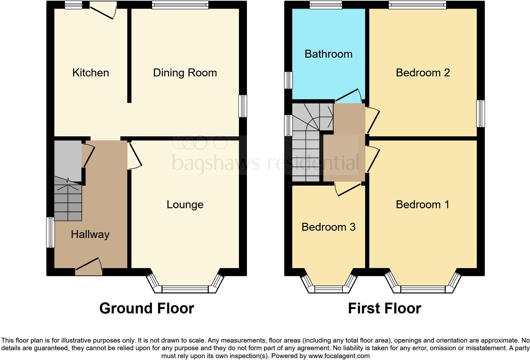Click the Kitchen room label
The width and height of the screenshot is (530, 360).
[x=91, y=73]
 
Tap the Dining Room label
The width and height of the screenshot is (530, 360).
[x=185, y=73]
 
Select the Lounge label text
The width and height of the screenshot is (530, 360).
[x=185, y=205]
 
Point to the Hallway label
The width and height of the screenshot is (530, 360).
[x=90, y=235]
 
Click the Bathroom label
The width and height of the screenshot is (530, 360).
[x=328, y=54]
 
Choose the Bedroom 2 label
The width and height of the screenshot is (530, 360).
[x=423, y=73]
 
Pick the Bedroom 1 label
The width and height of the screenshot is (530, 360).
[x=423, y=205]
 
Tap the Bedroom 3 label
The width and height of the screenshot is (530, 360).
[x=328, y=227]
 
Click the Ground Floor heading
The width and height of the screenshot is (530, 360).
[x=146, y=308]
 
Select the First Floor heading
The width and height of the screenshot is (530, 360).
[x=384, y=308]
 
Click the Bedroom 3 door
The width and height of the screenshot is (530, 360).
[x=348, y=190]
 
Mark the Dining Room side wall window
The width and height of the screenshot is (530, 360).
[x=243, y=106]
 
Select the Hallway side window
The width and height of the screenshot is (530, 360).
[x=50, y=232]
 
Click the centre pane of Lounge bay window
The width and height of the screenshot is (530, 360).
[x=185, y=289]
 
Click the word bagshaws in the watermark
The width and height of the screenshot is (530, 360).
[x=215, y=163]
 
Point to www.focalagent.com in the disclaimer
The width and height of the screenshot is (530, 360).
[x=339, y=356]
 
